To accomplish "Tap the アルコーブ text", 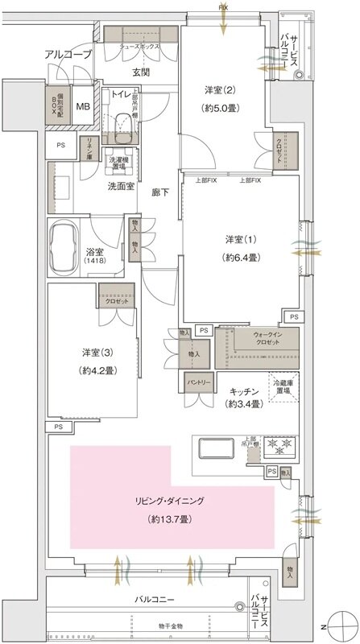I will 68,54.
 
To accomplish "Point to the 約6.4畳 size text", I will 241,258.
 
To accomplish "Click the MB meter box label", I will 83,106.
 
